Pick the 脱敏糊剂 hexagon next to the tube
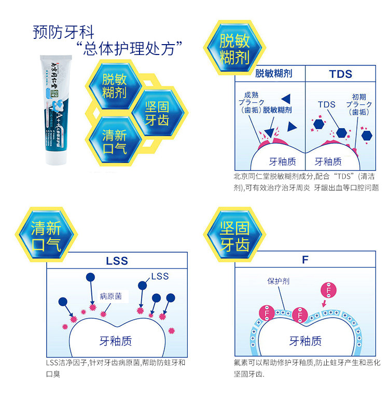[x=115, y=86]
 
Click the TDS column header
[x=340, y=74]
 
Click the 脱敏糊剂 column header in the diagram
[x=273, y=74]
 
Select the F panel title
[x=305, y=260]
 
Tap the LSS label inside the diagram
[x=160, y=276]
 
